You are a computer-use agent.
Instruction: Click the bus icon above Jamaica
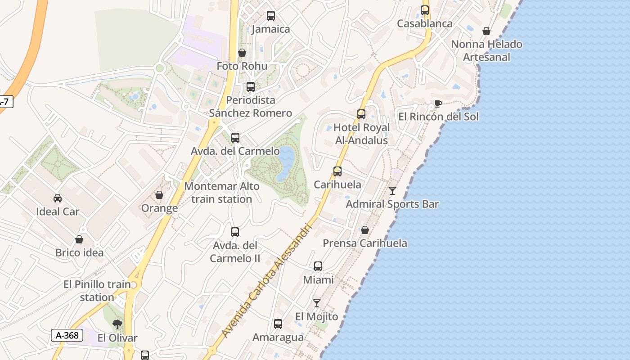coord(270,16)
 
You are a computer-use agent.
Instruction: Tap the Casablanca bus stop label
coord(424,24)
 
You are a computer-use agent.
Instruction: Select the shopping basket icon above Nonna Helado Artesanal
coord(486,31)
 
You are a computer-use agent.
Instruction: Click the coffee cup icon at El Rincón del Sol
coord(438,104)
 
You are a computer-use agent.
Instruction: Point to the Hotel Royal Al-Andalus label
coord(361,134)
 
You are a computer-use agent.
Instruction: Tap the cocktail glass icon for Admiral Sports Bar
coord(392,191)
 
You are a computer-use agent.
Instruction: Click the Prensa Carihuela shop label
coord(365,243)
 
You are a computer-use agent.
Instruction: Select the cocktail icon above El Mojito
coord(317,303)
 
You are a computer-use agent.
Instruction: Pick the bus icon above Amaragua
coord(278,324)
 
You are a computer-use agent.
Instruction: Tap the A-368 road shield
coord(67,335)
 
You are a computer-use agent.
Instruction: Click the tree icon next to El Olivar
coord(117,324)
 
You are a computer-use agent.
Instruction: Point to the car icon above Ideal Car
coord(58,198)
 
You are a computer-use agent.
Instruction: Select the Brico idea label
coord(79,253)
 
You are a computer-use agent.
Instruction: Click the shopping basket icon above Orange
coord(159,195)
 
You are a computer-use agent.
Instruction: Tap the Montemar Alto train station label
coord(222,193)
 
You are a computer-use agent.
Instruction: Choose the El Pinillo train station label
coord(97,291)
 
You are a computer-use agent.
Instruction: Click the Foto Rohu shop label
coord(242,66)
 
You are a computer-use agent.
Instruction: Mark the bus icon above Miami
coord(318,266)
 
